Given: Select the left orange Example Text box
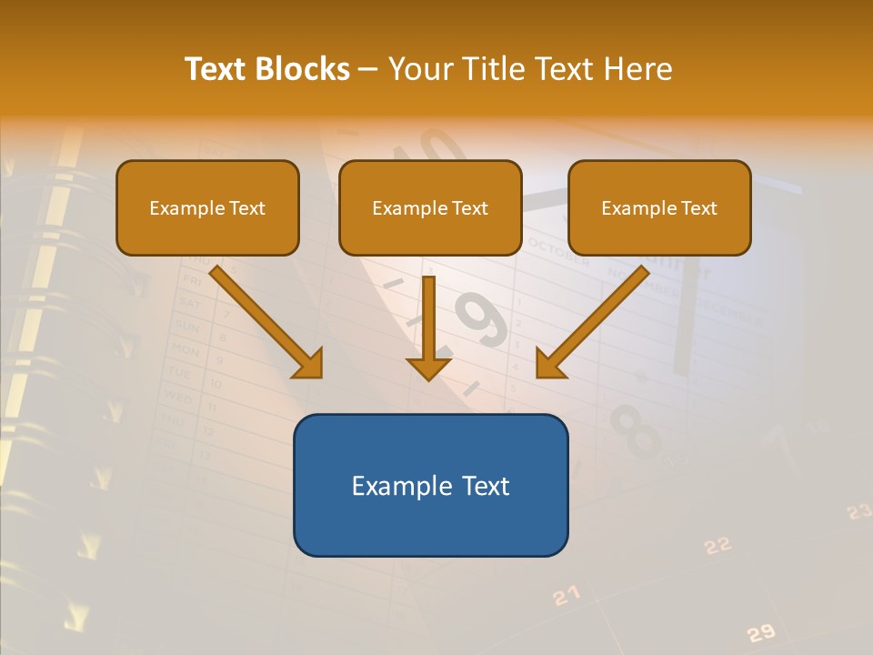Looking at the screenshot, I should [207, 208].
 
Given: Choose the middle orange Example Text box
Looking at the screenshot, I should [430, 208].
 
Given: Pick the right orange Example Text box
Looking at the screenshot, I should [659, 208].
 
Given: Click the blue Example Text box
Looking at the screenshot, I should [430, 486].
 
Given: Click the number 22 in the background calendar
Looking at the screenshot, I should [717, 546].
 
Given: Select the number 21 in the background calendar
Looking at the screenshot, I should [566, 596].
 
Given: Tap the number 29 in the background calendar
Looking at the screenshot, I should [760, 632].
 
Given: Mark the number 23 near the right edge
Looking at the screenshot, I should [858, 512].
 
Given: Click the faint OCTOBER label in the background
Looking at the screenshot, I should [557, 254].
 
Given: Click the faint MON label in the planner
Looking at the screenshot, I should [185, 350].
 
